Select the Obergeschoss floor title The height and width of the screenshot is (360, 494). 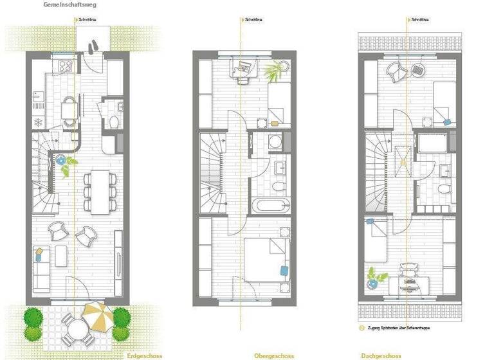274,355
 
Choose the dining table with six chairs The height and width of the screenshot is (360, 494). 99,191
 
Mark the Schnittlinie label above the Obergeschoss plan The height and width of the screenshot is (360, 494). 253,20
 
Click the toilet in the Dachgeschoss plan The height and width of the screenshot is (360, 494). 444,189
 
